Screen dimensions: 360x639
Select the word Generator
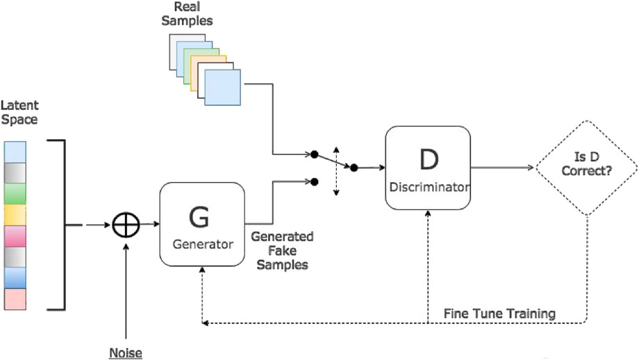202,245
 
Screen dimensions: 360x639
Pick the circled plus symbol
126,224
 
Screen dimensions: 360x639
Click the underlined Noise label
125,353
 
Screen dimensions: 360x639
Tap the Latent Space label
19,112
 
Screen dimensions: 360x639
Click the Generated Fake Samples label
282,251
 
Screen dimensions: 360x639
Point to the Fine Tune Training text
499,313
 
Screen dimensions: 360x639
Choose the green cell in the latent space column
15,193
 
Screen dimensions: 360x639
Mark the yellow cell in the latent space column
15,215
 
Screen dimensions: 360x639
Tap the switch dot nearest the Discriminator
354,167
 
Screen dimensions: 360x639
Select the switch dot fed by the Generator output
315,181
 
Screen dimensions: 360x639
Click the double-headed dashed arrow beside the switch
336,170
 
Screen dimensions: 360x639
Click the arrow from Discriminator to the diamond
501,167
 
